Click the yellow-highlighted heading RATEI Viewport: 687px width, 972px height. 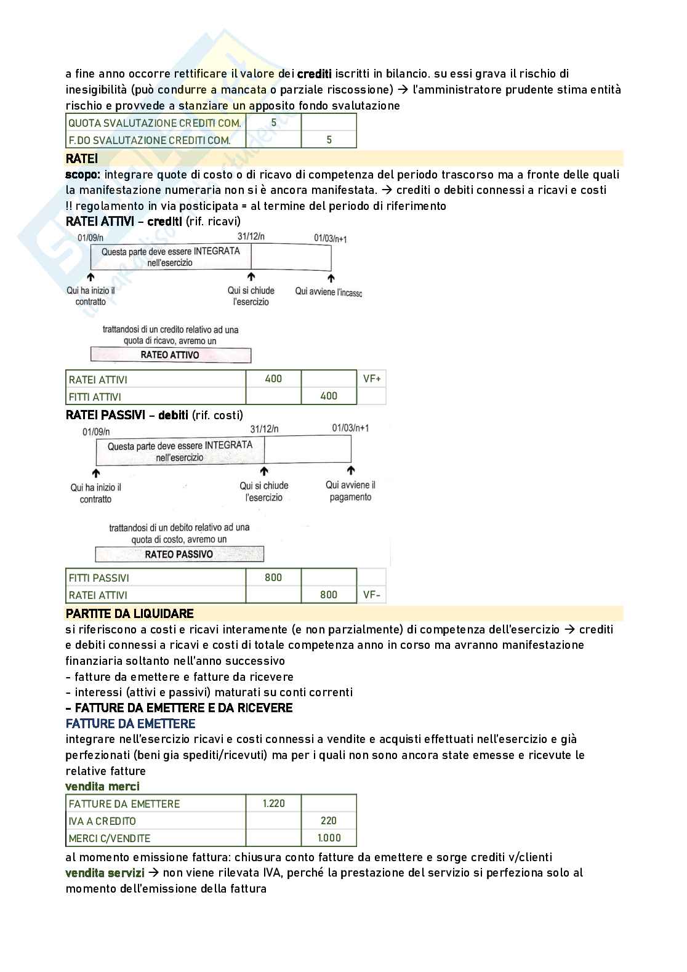82,159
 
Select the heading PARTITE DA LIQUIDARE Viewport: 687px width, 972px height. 129,613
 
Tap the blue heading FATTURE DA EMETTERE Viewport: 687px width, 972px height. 131,723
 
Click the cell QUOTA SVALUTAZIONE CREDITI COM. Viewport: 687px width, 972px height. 155,123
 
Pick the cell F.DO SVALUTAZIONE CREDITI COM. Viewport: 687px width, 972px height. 150,140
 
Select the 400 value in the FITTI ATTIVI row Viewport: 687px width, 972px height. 329,396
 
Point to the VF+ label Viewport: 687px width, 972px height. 372,379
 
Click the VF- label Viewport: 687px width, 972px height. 372,595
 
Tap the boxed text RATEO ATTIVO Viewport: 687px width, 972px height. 170,355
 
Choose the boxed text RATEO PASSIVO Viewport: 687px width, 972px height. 179,554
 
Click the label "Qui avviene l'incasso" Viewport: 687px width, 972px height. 328,291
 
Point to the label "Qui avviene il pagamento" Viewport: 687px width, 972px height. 350,491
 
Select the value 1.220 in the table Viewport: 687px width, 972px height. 273,803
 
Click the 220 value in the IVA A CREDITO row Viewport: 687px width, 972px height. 329,820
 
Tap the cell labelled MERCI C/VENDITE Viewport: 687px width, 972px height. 110,838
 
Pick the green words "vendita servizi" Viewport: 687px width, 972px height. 105,872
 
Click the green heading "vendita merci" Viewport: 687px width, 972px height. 102,786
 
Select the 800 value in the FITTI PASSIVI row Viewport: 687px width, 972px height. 273,577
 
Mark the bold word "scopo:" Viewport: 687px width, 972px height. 82,174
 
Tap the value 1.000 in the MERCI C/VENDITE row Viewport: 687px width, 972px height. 329,837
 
